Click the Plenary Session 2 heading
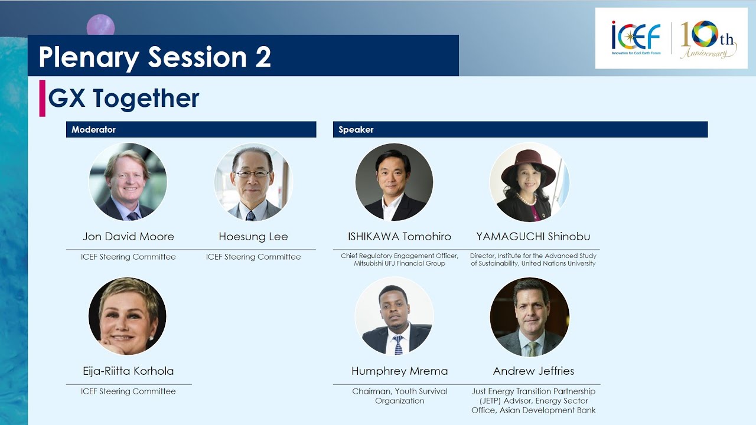click(155, 57)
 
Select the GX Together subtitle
click(123, 99)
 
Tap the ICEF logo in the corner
click(636, 38)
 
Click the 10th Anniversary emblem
click(708, 39)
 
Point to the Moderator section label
click(93, 129)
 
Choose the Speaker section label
click(356, 129)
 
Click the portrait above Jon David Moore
click(128, 182)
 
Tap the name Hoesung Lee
click(253, 237)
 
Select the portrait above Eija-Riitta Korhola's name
click(128, 316)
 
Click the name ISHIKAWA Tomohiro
click(399, 237)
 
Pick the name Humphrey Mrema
click(399, 371)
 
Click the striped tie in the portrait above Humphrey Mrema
click(398, 345)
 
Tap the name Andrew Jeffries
click(533, 371)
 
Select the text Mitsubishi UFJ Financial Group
click(399, 263)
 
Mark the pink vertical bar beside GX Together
click(42, 99)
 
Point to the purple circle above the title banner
click(100, 25)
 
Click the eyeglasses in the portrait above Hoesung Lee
click(252, 174)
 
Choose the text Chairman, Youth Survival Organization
click(400, 396)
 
